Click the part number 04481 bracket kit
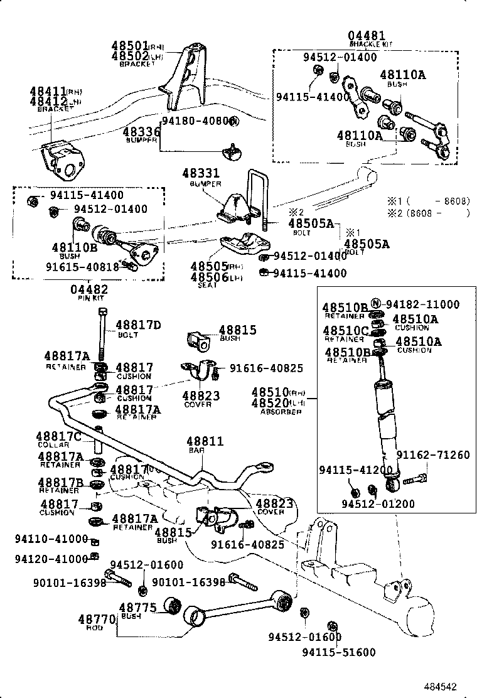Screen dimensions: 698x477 point(367,36)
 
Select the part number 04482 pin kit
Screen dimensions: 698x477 point(88,289)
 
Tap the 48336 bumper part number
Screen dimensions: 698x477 point(141,132)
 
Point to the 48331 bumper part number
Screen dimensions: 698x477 point(201,173)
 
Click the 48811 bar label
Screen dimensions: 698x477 point(205,441)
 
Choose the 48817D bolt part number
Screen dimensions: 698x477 point(139,325)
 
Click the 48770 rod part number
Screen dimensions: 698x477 point(97,620)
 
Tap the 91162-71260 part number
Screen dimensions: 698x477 point(432,455)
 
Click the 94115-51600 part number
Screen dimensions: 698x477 point(338,652)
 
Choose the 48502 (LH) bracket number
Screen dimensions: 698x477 point(130,56)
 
